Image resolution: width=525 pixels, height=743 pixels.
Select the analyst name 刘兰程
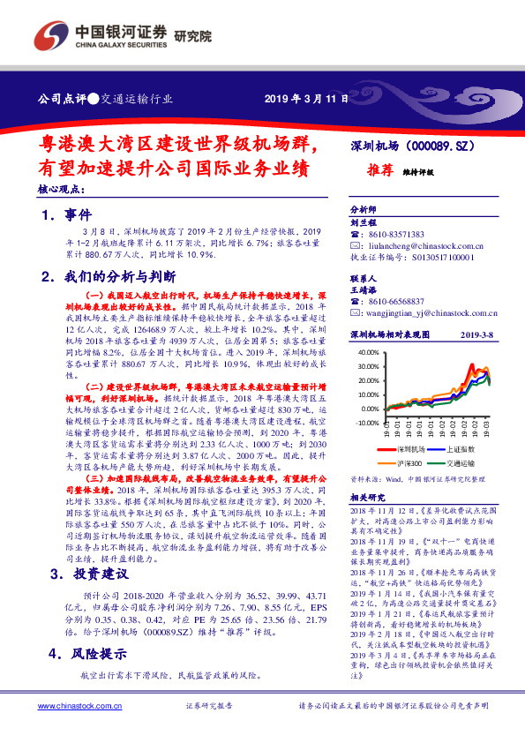(363, 223)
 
